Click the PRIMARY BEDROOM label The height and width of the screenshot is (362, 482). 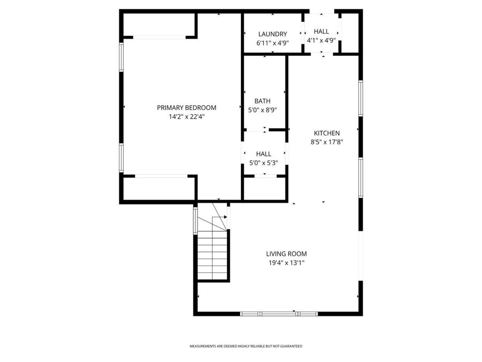coord(186,107)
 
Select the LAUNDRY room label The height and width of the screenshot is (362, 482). coord(273,34)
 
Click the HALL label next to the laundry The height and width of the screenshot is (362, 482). coord(321,32)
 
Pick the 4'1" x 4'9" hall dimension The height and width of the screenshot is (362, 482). coord(321,40)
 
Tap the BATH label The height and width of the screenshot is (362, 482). coord(262,101)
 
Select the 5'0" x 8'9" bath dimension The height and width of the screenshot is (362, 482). coord(262,110)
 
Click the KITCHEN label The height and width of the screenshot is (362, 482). coord(327,133)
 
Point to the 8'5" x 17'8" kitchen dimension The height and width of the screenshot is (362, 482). coord(327,142)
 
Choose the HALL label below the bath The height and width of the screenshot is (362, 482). coord(263,154)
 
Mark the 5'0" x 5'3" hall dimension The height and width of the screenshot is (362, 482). coord(263,162)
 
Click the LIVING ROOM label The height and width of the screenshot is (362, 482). coord(287,254)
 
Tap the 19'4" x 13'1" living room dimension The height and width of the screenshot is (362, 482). coord(287,263)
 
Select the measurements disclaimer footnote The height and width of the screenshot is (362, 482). coord(246,346)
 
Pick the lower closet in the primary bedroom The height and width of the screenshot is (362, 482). coord(159,188)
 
